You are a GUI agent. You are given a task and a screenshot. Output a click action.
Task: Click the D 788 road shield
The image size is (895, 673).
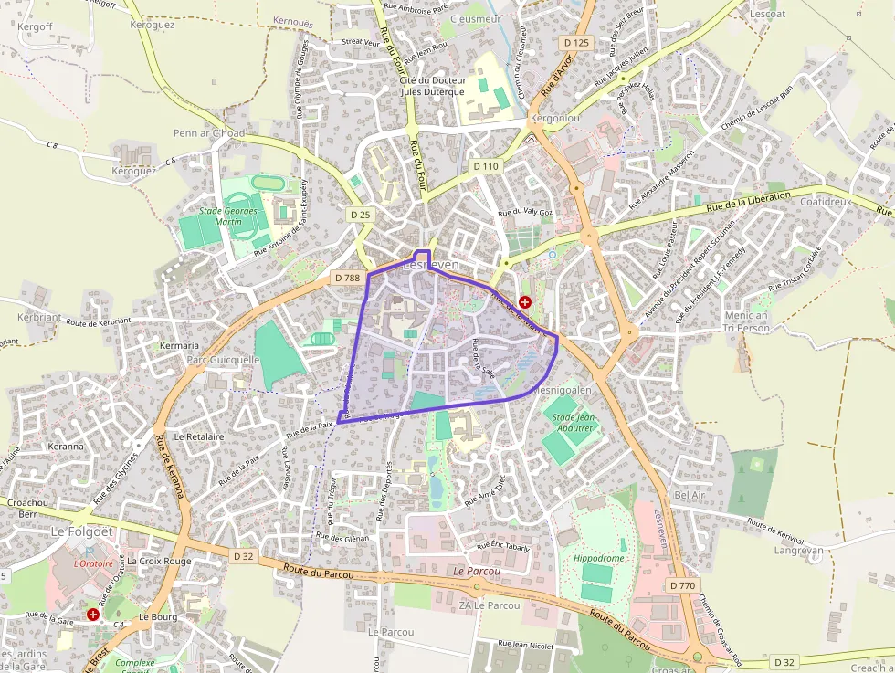tap(348, 278)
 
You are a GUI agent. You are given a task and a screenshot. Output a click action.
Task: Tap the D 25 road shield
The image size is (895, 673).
tap(361, 214)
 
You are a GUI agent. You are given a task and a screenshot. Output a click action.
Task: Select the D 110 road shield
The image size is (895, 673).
tap(486, 166)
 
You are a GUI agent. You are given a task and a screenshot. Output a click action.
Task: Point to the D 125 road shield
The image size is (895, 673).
tap(577, 43)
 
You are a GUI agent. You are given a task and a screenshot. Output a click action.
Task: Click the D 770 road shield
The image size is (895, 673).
tap(683, 584)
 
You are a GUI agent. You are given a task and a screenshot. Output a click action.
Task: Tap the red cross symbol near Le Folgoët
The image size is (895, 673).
tap(93, 615)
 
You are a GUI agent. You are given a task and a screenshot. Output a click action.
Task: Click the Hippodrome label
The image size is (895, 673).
tap(599, 558)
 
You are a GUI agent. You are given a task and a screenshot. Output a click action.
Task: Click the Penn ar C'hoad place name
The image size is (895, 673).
tap(209, 133)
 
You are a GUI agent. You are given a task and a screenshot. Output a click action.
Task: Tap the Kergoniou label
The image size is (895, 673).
tap(554, 120)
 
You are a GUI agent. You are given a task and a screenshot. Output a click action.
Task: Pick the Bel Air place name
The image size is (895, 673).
tap(690, 494)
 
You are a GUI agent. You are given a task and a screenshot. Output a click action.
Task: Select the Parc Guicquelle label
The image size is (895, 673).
tap(223, 360)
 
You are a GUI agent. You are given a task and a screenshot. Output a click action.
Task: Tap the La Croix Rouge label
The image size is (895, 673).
tap(159, 561)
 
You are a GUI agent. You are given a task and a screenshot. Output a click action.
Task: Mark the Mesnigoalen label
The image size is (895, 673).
tap(562, 390)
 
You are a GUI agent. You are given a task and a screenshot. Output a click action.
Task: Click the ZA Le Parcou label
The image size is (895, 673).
tap(490, 605)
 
